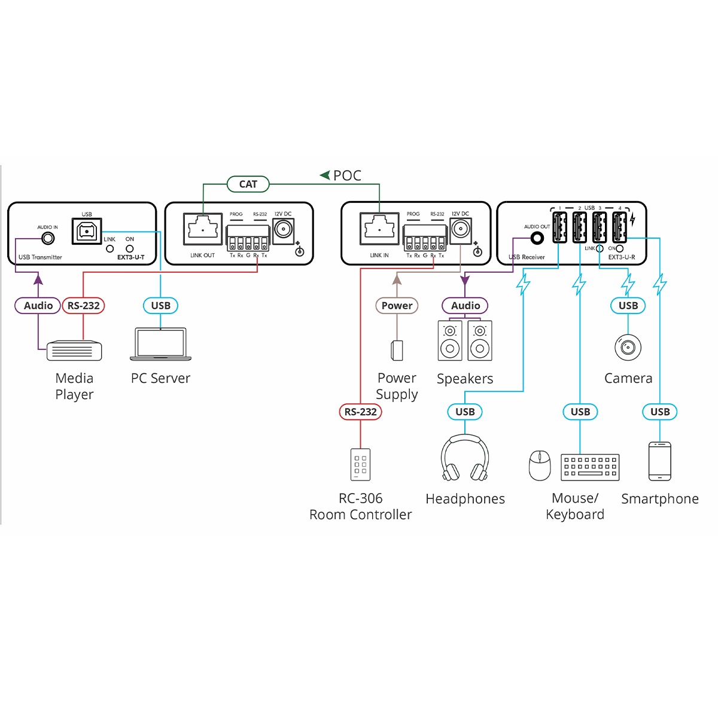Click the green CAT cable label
[248, 184]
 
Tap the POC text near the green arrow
[347, 176]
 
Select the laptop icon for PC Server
[160, 344]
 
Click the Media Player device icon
[74, 351]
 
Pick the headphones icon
[465, 458]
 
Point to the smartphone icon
[659, 461]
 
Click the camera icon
[628, 347]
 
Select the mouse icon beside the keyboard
[540, 466]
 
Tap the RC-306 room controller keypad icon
[360, 464]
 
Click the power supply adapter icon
[397, 351]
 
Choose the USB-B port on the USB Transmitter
[87, 230]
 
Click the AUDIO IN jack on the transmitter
[47, 239]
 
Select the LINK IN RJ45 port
[379, 229]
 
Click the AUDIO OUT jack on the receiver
[537, 238]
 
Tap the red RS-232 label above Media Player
[83, 306]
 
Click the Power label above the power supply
[397, 306]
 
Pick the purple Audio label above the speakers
[465, 306]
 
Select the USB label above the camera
[628, 306]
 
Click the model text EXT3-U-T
[130, 257]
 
